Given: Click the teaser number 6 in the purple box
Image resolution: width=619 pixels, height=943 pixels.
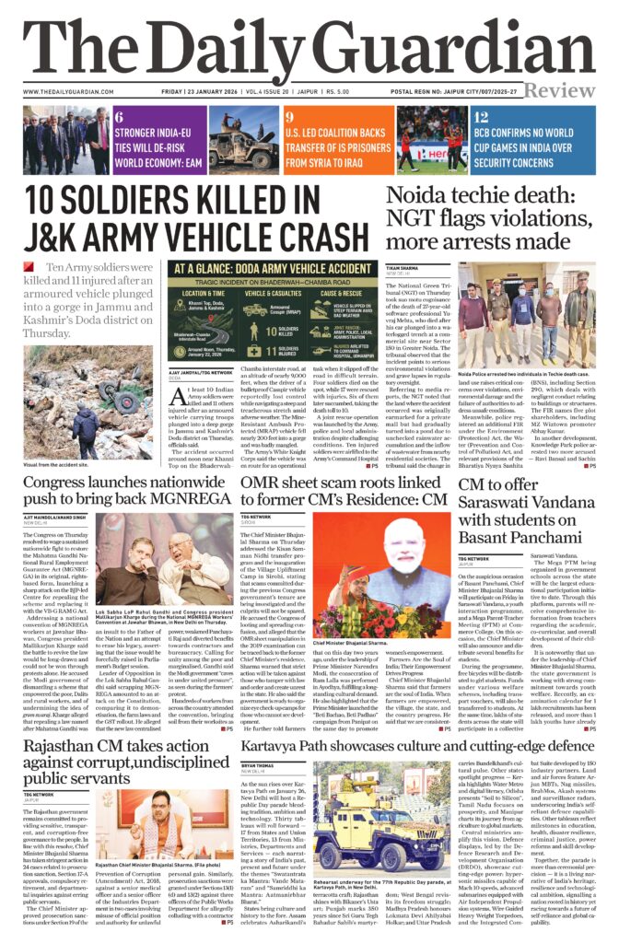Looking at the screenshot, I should [120, 117].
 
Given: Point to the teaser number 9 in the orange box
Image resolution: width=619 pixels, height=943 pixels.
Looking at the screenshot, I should [289, 117].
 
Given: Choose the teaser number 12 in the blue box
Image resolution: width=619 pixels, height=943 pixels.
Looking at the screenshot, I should [480, 117].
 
